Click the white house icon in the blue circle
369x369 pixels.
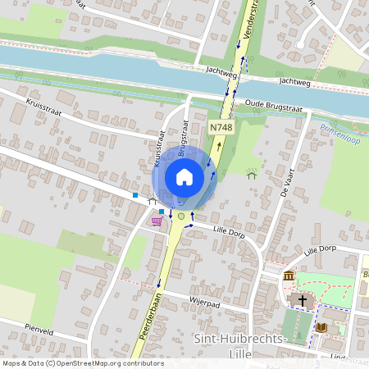[x=184, y=176]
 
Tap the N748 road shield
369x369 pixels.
[x=218, y=127]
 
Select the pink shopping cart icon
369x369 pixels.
[x=157, y=221]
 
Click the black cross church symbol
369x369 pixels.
[x=303, y=301]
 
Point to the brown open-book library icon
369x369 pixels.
[x=321, y=327]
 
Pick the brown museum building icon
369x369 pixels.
[x=289, y=276]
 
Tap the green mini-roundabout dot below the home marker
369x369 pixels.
[x=180, y=216]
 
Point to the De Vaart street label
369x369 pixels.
[x=286, y=180]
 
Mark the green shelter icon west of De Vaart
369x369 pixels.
[x=252, y=173]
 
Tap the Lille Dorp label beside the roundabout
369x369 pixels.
[x=230, y=232]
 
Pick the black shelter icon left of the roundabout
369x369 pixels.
[x=152, y=201]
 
